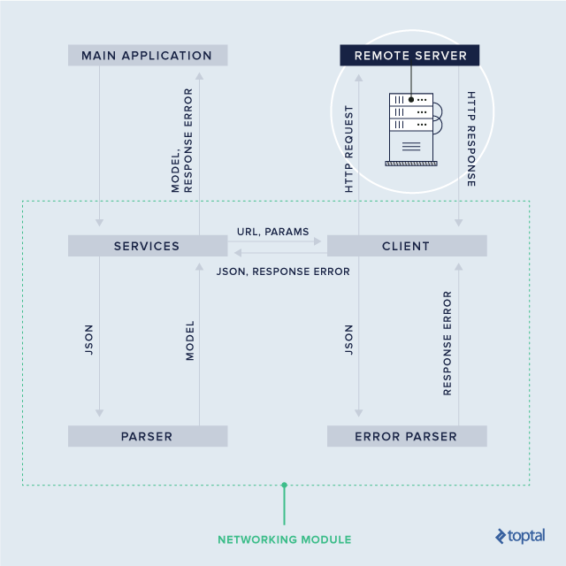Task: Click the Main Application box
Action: coord(147,56)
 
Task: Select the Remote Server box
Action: coord(409,56)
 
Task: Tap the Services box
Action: coord(147,246)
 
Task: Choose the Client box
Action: coord(407,246)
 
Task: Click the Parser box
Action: coord(147,436)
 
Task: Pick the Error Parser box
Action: coord(407,436)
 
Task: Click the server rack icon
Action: coord(412,127)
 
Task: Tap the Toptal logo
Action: coord(520,536)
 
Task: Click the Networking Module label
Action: coord(284,539)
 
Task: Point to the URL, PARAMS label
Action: coord(273,232)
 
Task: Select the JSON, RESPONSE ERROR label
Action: coord(283,272)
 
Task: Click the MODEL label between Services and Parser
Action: coord(189,341)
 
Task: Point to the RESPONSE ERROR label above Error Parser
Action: coord(447,342)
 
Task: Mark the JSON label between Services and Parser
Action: coord(88,340)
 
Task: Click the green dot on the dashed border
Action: coord(284,485)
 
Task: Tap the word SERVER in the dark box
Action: coord(443,56)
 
